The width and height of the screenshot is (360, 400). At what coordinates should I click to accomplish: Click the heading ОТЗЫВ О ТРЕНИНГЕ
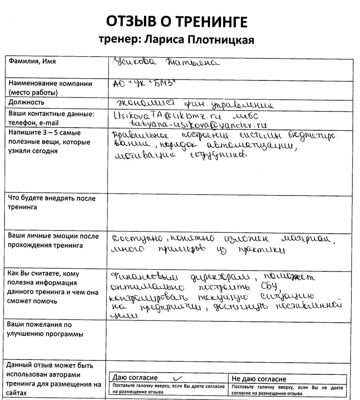point(177,21)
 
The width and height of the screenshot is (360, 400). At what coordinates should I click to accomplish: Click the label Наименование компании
point(50,84)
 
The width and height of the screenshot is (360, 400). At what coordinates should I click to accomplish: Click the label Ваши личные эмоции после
point(54,236)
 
